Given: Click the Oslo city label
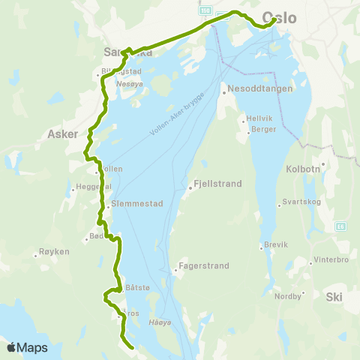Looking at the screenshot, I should (280, 19).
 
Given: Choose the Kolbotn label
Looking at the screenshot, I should (303, 169).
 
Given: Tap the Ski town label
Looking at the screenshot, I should (334, 297).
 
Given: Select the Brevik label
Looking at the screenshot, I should (276, 245).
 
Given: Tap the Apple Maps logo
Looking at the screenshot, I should (27, 347).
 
